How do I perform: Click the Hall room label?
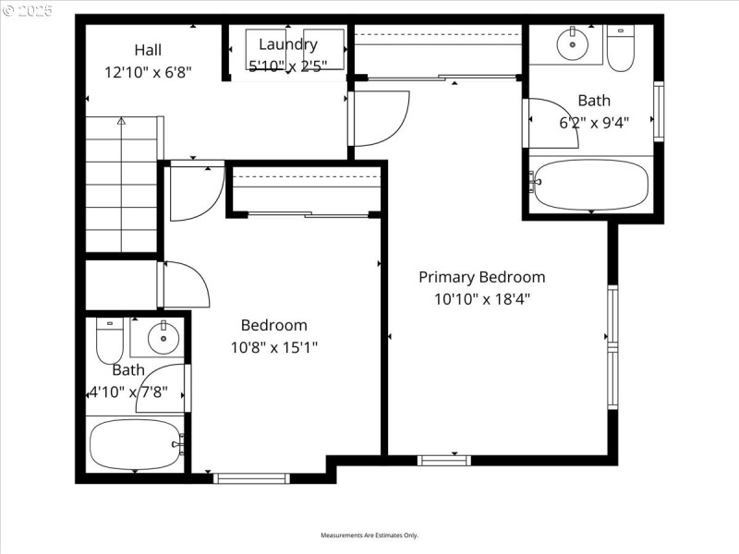tap(149, 50)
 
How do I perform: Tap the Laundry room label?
tap(287, 44)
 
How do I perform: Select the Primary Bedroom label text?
tap(481, 277)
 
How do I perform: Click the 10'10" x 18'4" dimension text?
tap(481, 298)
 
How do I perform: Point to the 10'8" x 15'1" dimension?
tap(273, 347)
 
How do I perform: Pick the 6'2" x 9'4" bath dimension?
tap(594, 121)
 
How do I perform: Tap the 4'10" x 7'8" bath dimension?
tap(128, 391)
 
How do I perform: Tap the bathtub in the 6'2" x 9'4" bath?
tap(591, 185)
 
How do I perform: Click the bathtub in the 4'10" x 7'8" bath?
tap(136, 445)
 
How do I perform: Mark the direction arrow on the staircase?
tap(121, 121)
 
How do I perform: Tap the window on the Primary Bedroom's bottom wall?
tap(444, 459)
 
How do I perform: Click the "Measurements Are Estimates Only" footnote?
tap(369, 536)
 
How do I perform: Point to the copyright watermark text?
tap(28, 10)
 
